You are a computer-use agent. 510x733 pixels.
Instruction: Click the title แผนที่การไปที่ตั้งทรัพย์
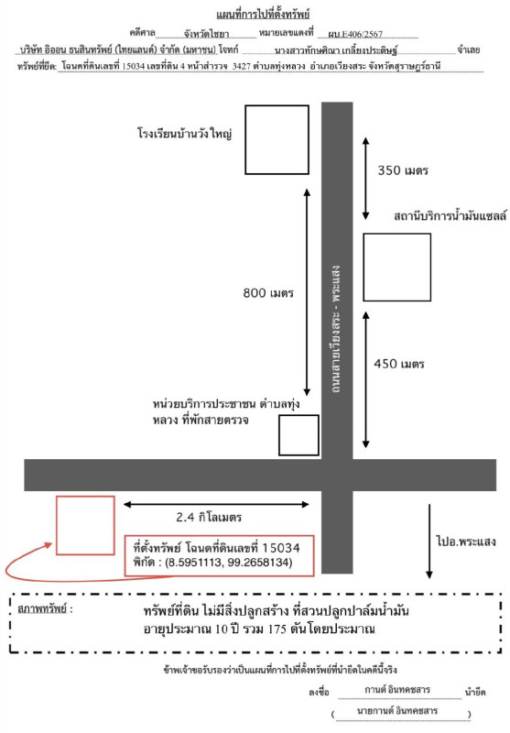tap(263, 15)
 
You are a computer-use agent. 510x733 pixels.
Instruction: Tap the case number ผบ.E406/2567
tap(355, 34)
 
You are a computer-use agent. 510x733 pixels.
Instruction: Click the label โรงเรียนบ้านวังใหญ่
tap(184, 134)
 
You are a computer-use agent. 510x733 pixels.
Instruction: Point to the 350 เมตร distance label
tap(403, 170)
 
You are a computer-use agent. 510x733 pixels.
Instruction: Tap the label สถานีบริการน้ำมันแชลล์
tap(450, 216)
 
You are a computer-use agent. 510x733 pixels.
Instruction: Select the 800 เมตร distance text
tap(268, 293)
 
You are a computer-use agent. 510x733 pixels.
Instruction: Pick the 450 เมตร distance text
tap(399, 364)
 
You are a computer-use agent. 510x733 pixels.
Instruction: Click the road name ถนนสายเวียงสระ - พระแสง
tap(336, 331)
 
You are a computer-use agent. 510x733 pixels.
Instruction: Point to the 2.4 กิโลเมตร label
tap(209, 517)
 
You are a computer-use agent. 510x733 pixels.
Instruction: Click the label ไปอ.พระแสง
tap(466, 542)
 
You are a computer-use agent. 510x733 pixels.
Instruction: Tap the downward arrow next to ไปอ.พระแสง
tap(429, 542)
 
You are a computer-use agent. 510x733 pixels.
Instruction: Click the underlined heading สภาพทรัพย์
tap(42, 609)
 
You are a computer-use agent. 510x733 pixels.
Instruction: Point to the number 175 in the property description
tap(277, 629)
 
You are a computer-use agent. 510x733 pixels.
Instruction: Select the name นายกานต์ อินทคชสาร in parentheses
tap(397, 711)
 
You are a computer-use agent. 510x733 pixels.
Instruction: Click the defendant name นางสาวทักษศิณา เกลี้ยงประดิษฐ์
tap(336, 50)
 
